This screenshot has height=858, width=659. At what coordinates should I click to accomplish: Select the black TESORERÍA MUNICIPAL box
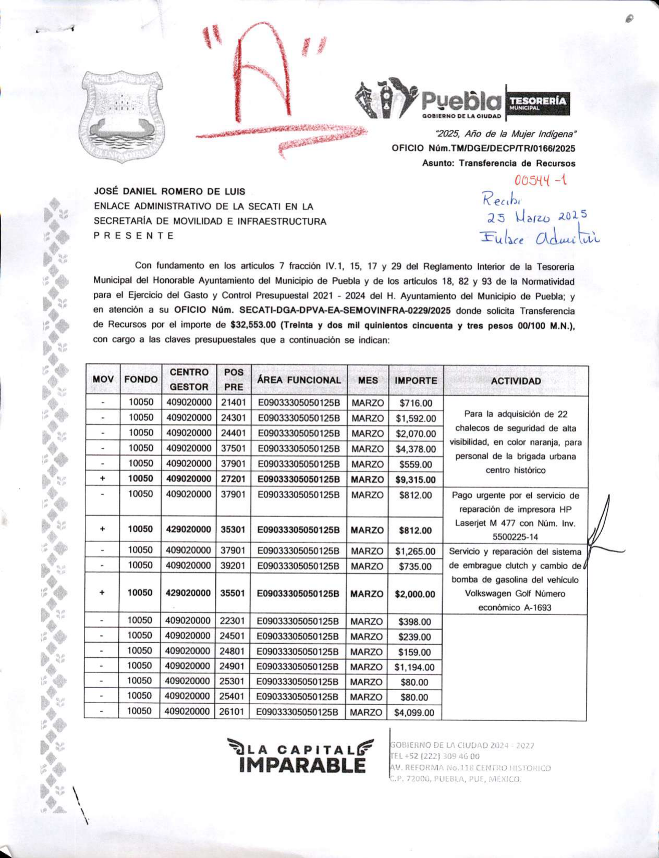pyautogui.click(x=538, y=102)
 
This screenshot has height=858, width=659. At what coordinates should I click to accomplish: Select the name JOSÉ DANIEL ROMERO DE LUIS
pyautogui.click(x=169, y=192)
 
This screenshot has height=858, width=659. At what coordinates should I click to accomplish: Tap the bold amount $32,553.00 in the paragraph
pyautogui.click(x=253, y=326)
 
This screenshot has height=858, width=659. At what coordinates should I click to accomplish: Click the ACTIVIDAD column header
pyautogui.click(x=516, y=381)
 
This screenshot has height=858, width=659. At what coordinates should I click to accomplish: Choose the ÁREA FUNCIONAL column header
pyautogui.click(x=299, y=381)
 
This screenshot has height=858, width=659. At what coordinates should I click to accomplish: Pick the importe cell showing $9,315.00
pyautogui.click(x=416, y=480)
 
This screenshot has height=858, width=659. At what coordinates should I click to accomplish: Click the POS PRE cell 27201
pyautogui.click(x=233, y=479)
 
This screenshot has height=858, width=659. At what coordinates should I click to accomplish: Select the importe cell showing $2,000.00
pyautogui.click(x=415, y=594)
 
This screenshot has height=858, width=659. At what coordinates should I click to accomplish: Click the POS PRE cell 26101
pyautogui.click(x=233, y=712)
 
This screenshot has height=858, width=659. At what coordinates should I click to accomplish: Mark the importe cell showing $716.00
pyautogui.click(x=416, y=403)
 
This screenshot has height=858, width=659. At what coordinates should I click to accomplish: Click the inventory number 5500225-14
pyautogui.click(x=515, y=537)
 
